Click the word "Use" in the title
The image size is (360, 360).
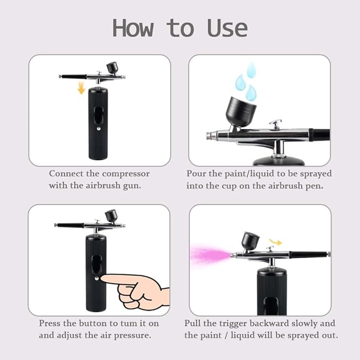227,28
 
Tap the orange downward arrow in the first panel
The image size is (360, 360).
81,87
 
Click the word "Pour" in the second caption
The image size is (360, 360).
196,174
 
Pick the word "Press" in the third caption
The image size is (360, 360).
50,323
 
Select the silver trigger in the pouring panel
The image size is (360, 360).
275,125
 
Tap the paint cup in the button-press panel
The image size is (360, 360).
111,215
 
